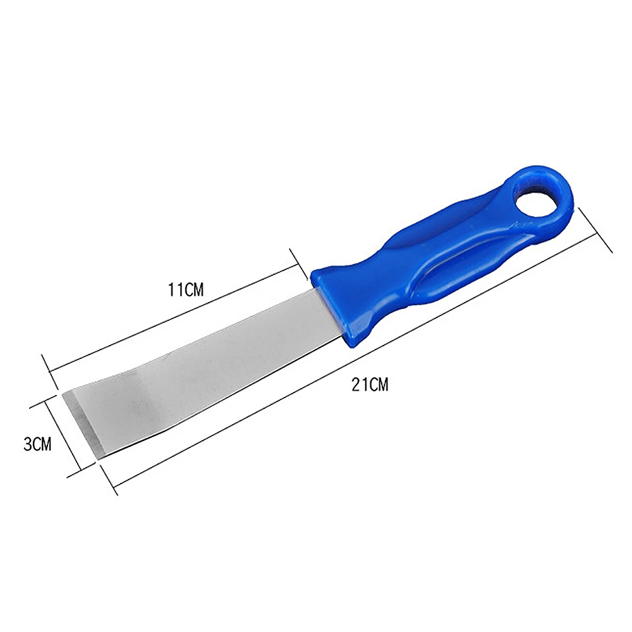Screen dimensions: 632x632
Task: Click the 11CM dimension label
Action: tap(186, 290)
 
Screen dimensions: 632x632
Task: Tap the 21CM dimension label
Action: tap(371, 385)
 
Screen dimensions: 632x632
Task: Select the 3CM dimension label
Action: tap(37, 444)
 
